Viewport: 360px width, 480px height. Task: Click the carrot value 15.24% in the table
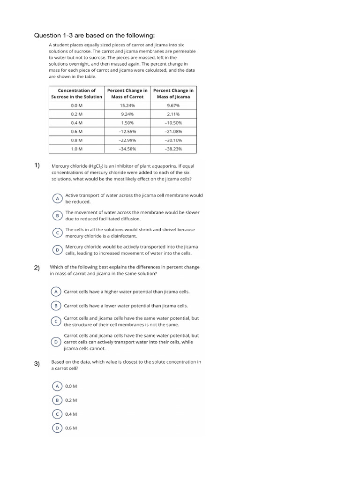coord(127,105)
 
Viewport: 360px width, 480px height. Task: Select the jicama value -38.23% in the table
coord(173,149)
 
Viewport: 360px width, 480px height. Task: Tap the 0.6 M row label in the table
coord(76,131)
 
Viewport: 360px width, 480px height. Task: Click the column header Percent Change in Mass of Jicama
coord(173,93)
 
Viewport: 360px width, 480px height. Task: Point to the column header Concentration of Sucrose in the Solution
coord(76,93)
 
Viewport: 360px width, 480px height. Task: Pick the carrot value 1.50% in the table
coord(127,123)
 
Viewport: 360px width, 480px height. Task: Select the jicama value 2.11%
coord(173,114)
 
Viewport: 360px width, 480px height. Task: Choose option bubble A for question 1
coord(57,198)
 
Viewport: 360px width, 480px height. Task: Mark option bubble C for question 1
coord(57,232)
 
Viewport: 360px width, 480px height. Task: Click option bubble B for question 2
coord(56,306)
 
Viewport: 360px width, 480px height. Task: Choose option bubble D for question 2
coord(56,342)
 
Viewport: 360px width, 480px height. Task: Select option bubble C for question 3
coord(57,414)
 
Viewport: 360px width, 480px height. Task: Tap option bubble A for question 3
coord(57,386)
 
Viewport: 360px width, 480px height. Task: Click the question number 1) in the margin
coord(37,165)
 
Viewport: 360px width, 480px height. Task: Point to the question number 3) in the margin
coord(37,364)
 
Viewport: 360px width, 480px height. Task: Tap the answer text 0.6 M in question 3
coord(71,428)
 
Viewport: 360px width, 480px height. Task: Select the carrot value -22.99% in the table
coord(127,140)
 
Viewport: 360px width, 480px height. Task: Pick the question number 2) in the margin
coord(37,268)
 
